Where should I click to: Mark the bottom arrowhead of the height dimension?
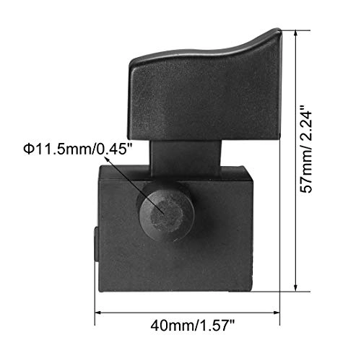pyautogui.click(x=297, y=288)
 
